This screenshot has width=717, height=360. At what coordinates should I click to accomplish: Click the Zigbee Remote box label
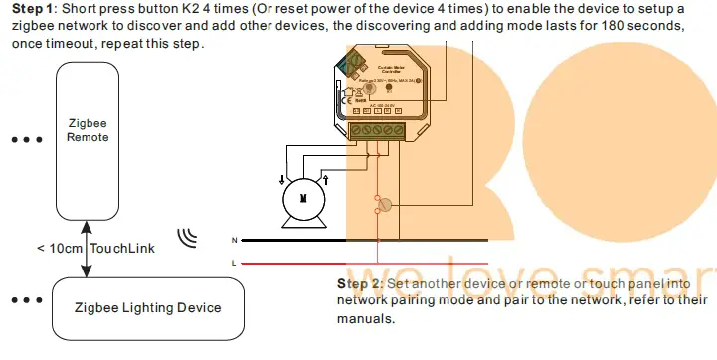click(88, 129)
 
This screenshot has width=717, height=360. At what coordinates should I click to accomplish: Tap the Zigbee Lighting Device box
click(148, 307)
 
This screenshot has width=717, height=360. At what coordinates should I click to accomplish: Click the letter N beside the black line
click(234, 241)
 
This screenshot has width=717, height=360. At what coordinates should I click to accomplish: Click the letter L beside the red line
click(234, 263)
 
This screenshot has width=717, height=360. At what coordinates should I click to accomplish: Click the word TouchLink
click(122, 248)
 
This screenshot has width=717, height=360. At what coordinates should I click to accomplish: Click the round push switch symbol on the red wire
click(389, 205)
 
